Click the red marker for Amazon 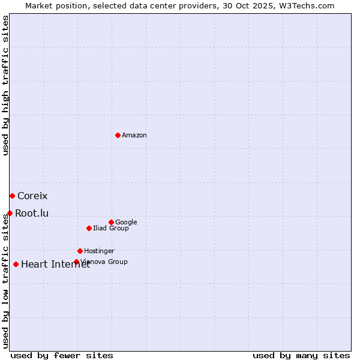(118, 135)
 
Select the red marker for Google (111, 222)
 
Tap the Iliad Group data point (89, 228)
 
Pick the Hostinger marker (80, 251)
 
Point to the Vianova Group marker (76, 262)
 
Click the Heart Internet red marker (16, 264)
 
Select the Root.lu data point (10, 213)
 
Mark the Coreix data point (12, 196)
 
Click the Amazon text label (134, 136)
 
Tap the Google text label (126, 223)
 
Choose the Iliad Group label (111, 229)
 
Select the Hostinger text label (99, 251)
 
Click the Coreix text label (32, 196)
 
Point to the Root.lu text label (32, 214)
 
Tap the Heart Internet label (55, 265)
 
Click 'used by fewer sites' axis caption (62, 355)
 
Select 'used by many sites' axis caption (301, 355)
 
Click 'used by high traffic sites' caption (5, 85)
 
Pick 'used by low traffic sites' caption (5, 281)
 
